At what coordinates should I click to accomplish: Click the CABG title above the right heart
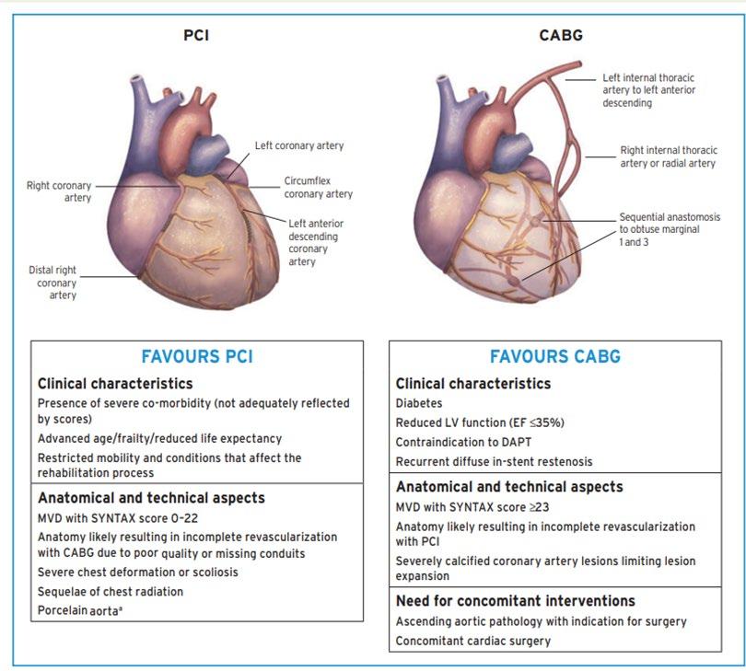(x=560, y=36)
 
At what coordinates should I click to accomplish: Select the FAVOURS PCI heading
(x=197, y=356)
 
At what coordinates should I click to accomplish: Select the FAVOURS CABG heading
(x=554, y=356)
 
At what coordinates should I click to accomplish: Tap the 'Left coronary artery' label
(x=299, y=146)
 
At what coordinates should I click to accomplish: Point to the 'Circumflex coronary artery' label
(x=319, y=188)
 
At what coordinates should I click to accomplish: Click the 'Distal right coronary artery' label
(x=52, y=283)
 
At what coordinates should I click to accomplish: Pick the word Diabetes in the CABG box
(x=419, y=403)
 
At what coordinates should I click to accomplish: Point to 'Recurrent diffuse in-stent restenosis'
(x=494, y=461)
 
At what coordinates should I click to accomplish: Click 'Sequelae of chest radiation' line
(x=110, y=592)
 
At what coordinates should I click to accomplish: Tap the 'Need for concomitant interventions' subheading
(x=516, y=601)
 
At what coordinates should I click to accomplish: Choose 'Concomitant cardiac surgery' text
(x=472, y=641)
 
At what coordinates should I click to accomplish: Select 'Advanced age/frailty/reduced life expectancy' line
(x=159, y=438)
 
